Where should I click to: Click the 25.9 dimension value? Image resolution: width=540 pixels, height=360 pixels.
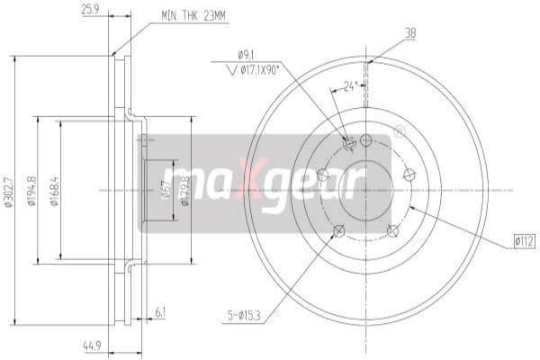coord(89,11)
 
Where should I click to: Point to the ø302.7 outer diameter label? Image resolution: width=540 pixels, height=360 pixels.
coord(9,191)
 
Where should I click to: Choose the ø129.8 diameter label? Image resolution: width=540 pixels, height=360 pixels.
coord(185,191)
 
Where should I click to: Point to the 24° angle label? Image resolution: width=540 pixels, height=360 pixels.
coord(351,87)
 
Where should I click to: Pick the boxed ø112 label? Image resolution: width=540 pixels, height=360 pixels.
coord(525,240)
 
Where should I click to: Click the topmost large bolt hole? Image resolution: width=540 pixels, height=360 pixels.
coord(366,139)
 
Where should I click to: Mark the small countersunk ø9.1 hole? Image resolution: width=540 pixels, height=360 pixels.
coord(350,142)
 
